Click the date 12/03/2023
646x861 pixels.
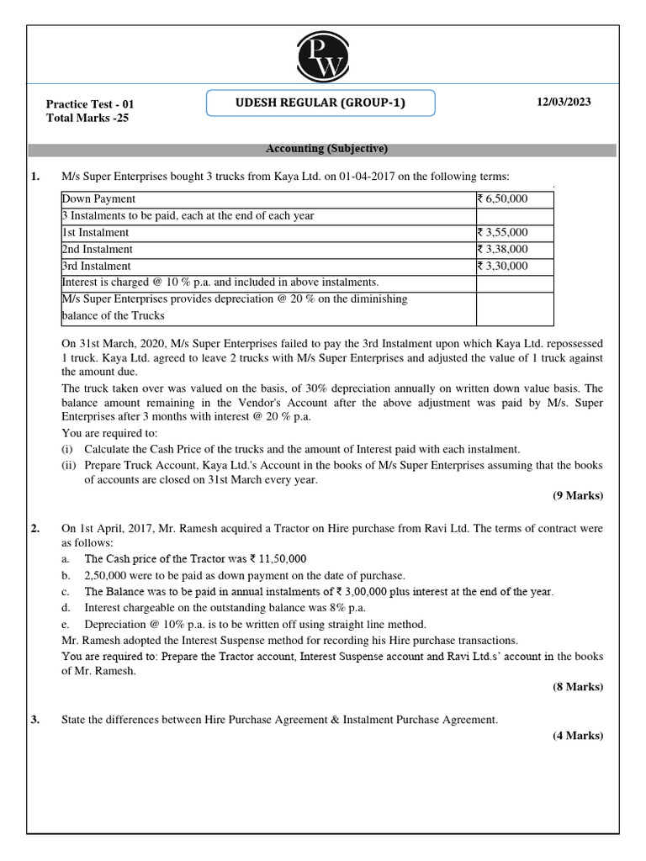(564, 102)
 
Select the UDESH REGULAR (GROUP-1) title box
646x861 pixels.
(320, 103)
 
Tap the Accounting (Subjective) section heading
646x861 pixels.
(326, 149)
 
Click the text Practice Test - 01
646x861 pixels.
(90, 104)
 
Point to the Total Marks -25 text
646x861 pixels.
(87, 118)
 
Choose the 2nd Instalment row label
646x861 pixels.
(97, 250)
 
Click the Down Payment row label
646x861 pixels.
(98, 199)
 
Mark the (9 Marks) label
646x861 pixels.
(577, 495)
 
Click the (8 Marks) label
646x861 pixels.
(577, 687)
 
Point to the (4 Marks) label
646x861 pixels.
(577, 736)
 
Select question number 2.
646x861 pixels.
(35, 529)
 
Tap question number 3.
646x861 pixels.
(35, 720)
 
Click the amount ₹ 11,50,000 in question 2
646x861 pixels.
(278, 559)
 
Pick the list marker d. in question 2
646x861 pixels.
(66, 608)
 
